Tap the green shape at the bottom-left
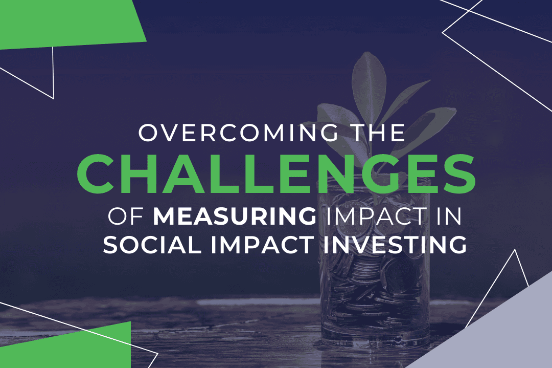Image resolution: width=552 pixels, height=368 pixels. [x=77, y=348]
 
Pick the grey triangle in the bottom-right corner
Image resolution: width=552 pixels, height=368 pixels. [x=501, y=333]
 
